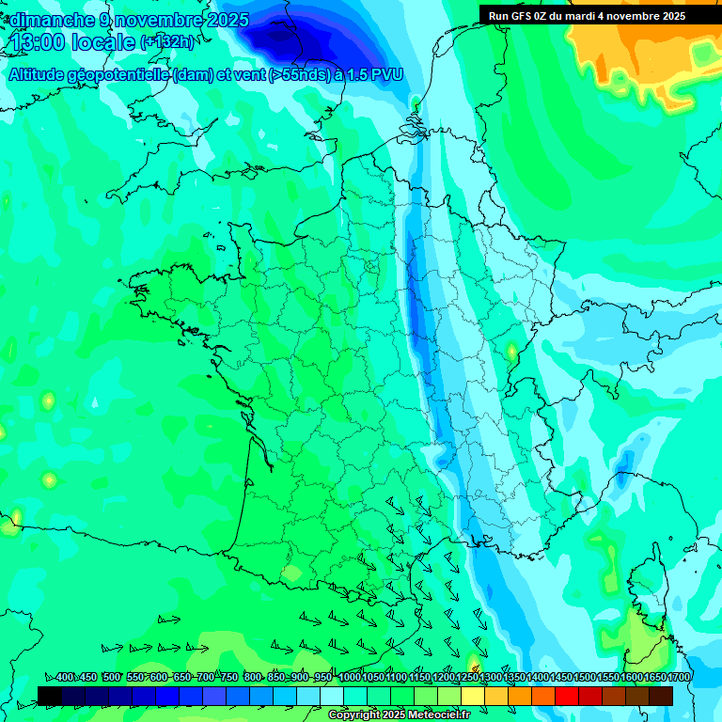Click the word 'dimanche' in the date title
[45, 20]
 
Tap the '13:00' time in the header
[39, 42]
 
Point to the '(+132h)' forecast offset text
[167, 42]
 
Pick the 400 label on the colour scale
[64, 678]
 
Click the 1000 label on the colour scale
[350, 678]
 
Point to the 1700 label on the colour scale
[679, 678]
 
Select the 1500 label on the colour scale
[585, 678]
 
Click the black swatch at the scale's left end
[50, 696]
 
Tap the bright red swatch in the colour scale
[567, 696]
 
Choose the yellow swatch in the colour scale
[473, 696]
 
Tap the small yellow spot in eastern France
[511, 351]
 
